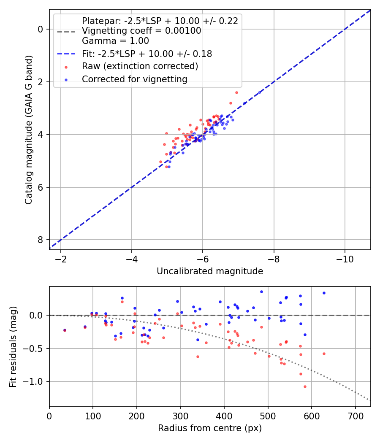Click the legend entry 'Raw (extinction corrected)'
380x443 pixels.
click(140, 66)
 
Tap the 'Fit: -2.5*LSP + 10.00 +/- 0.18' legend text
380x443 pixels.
click(147, 54)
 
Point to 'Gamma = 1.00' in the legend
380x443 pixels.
click(115, 41)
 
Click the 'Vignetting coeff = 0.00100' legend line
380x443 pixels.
click(141, 31)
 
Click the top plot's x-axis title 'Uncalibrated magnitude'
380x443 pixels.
click(210, 271)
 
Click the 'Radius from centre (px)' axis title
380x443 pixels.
click(210, 428)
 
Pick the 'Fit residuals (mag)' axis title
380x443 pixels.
click(13, 346)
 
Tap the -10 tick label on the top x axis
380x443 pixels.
click(345, 258)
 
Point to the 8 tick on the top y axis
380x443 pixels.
click(41, 240)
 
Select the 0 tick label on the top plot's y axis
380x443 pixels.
click(41, 29)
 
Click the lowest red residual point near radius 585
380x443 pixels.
click(305, 386)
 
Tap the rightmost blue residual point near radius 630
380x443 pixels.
click(324, 293)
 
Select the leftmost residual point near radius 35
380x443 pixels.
click(65, 330)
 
